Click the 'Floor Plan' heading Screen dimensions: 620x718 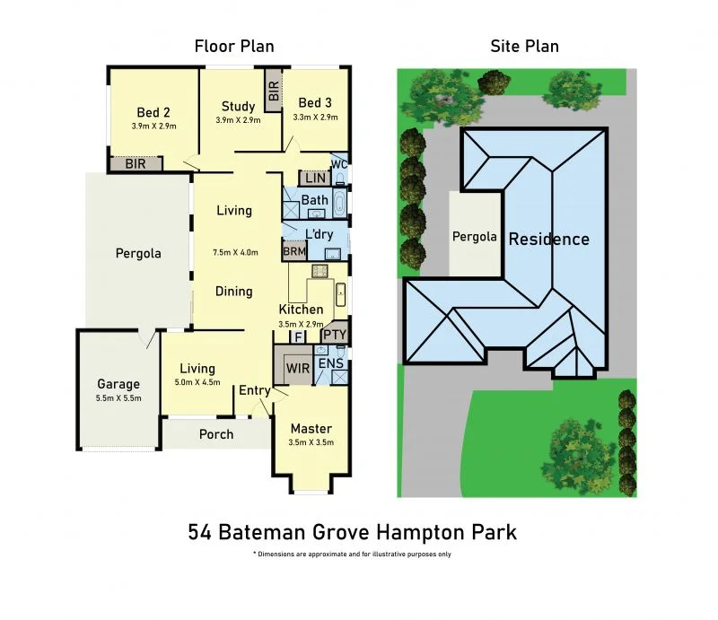point(234,47)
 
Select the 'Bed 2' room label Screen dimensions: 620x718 point(153,113)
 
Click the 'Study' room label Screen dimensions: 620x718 point(238,107)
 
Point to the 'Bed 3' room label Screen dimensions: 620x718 point(315,103)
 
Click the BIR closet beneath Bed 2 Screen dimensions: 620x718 point(136,164)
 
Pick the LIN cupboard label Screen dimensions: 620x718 point(314,178)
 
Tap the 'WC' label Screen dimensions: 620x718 point(338,165)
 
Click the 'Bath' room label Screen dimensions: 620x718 point(314,200)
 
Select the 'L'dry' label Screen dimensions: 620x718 point(320,235)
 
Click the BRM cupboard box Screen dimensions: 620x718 point(294,253)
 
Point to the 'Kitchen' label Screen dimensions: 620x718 point(301,310)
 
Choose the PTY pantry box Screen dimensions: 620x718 point(334,335)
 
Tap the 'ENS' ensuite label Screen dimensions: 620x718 point(329,363)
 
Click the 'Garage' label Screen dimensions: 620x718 point(118,384)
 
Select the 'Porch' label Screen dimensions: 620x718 point(215,434)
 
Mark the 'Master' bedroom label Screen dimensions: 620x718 point(311,429)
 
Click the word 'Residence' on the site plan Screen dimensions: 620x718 point(549,240)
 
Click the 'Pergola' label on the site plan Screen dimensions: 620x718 point(474,237)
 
